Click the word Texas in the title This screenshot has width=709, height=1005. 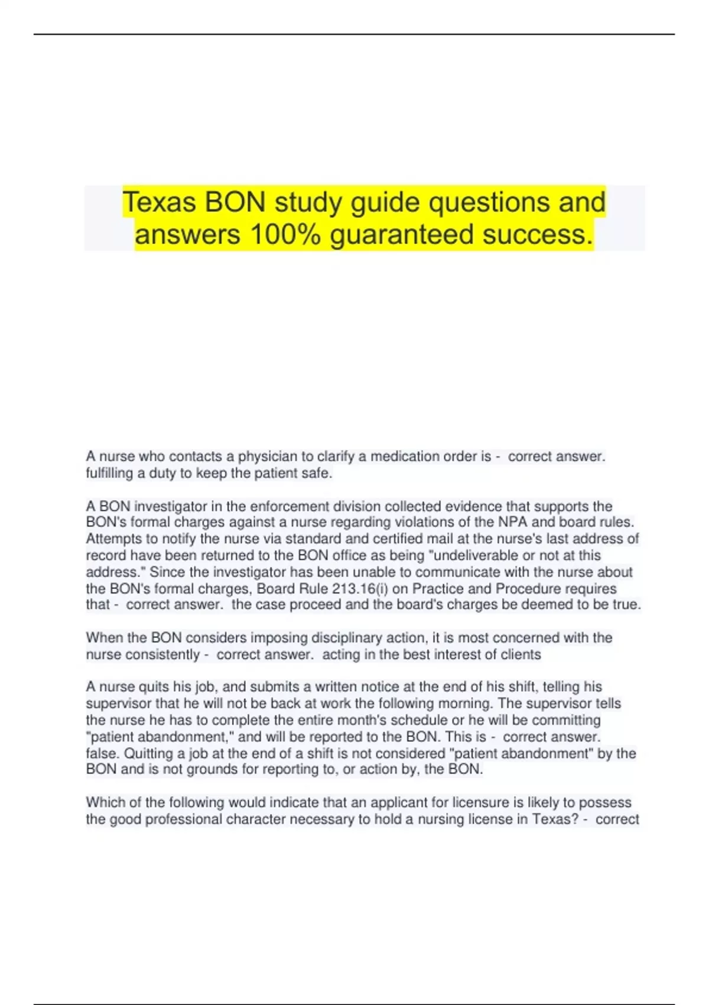coord(159,202)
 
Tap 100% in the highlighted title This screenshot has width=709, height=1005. coord(285,234)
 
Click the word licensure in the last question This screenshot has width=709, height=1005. coord(480,803)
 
